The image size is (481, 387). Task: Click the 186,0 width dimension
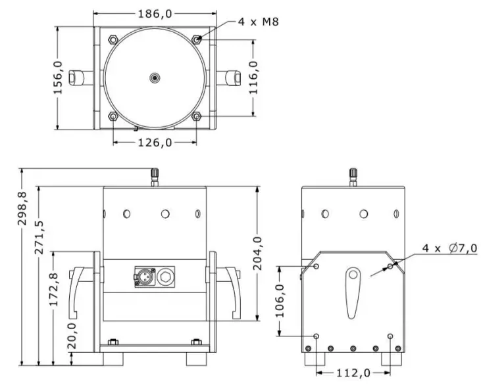[x=155, y=12]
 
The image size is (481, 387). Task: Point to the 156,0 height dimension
[x=58, y=78]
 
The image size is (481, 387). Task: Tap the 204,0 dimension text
[x=257, y=254]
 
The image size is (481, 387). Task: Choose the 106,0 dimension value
[x=280, y=301]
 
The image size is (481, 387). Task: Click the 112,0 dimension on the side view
[x=353, y=373]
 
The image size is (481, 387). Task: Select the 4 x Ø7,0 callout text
[x=450, y=248]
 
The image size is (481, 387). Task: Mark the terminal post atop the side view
[x=353, y=175]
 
